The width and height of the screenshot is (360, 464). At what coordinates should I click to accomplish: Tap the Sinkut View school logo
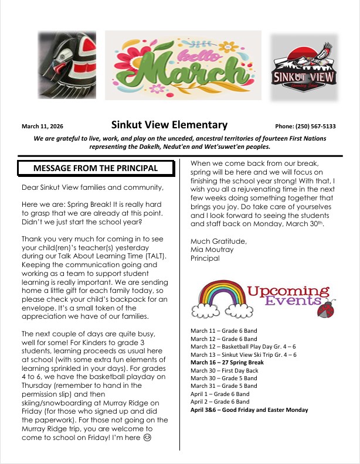(304, 68)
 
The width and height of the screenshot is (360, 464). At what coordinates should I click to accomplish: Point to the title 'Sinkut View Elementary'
(169, 125)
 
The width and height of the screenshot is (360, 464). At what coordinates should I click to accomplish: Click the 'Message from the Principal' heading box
(96, 168)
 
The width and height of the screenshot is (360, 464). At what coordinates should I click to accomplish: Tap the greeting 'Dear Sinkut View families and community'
(91, 187)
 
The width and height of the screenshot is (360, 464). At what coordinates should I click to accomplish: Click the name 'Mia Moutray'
(212, 250)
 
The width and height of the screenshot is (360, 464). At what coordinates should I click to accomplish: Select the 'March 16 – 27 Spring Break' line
(227, 363)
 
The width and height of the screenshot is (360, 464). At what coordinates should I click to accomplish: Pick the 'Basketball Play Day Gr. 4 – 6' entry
(243, 347)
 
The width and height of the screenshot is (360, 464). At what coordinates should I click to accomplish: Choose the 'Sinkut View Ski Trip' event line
(243, 354)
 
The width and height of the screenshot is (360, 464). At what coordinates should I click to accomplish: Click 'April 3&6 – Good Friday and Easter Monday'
(249, 410)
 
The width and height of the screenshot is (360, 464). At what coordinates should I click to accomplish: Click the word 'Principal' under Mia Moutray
(205, 258)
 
